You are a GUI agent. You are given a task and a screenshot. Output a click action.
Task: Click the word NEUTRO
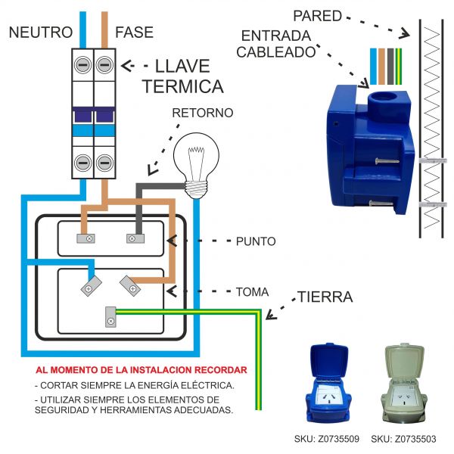click(x=41, y=33)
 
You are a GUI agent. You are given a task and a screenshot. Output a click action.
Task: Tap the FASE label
click(x=134, y=33)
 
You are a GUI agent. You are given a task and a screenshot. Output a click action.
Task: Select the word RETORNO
click(x=203, y=113)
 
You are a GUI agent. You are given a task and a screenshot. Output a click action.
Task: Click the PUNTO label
click(x=256, y=242)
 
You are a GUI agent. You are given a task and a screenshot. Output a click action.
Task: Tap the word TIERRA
click(x=325, y=297)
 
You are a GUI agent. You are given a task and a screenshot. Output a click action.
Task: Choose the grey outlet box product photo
click(x=403, y=386)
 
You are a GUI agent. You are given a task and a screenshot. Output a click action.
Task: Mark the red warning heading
click(x=141, y=371)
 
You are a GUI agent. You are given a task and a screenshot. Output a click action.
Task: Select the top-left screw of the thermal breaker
click(x=82, y=65)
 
